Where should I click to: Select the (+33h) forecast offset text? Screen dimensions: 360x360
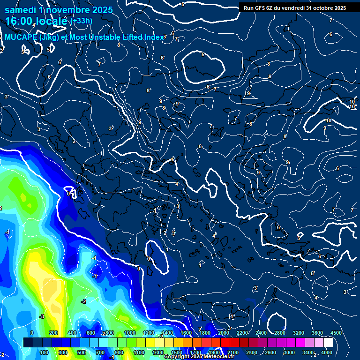(x=81, y=21)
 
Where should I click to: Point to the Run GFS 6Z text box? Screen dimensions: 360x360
(x=295, y=8)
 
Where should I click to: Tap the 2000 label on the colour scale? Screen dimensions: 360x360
(x=224, y=333)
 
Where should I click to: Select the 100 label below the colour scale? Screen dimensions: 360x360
(x=44, y=352)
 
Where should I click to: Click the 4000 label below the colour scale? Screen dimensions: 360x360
(x=327, y=352)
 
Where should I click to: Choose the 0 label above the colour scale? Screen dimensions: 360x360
(x=31, y=333)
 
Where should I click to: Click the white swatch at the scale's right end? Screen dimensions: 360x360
(x=328, y=343)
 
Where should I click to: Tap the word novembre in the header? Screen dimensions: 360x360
(x=66, y=9)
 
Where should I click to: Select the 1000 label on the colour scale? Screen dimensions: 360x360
(x=130, y=333)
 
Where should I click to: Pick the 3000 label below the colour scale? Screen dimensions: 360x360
(x=289, y=352)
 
